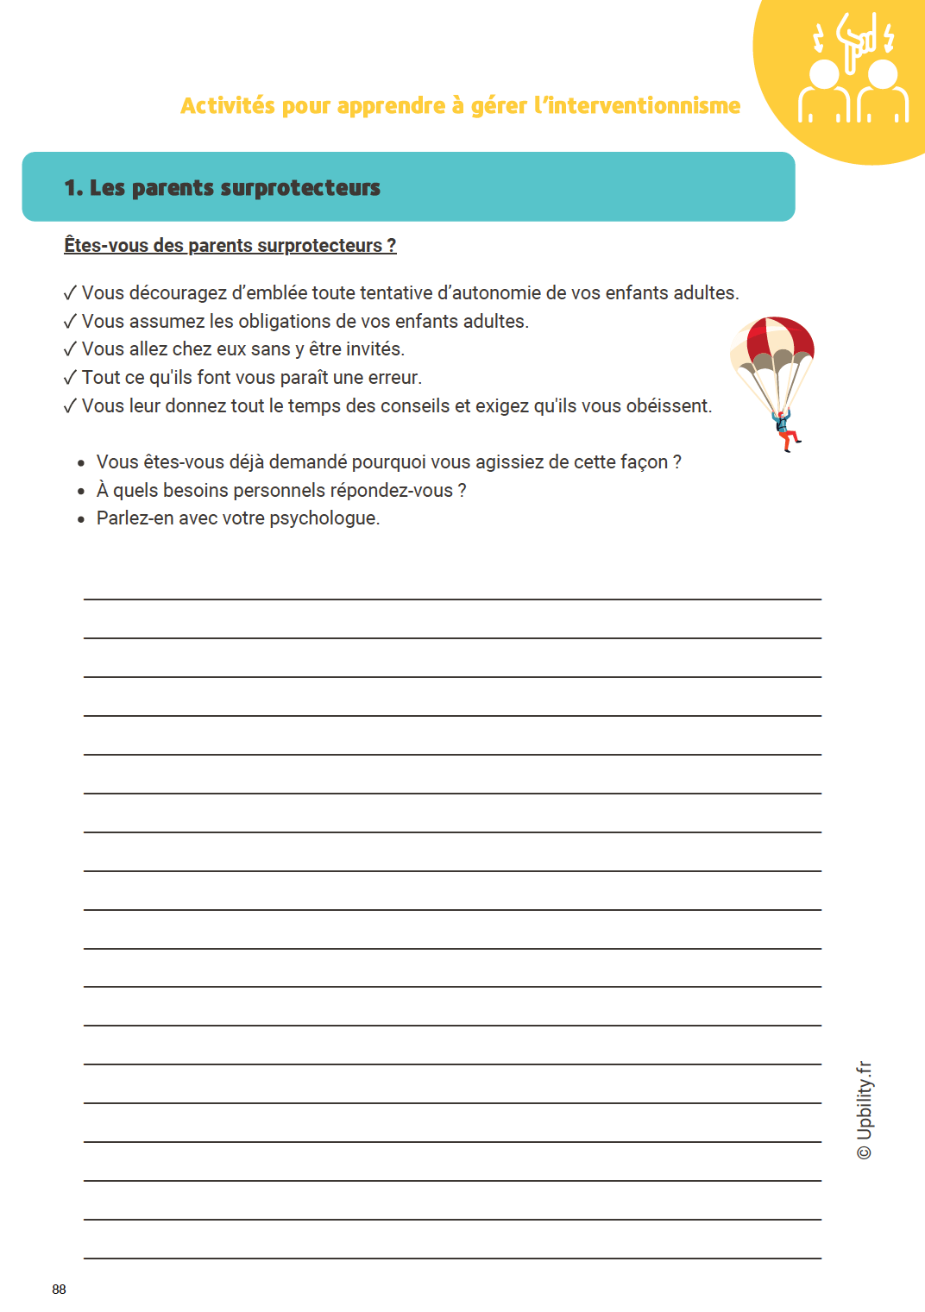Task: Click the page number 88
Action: click(x=59, y=1289)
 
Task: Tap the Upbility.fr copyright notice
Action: click(x=865, y=1110)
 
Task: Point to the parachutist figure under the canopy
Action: click(x=784, y=430)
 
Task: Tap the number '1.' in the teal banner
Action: click(x=73, y=188)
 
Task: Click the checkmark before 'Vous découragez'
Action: click(x=70, y=293)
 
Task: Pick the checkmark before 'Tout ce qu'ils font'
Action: click(x=70, y=378)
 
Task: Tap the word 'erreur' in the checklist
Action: click(x=394, y=378)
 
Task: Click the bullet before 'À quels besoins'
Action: click(x=81, y=492)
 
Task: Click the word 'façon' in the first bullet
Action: click(x=644, y=462)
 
